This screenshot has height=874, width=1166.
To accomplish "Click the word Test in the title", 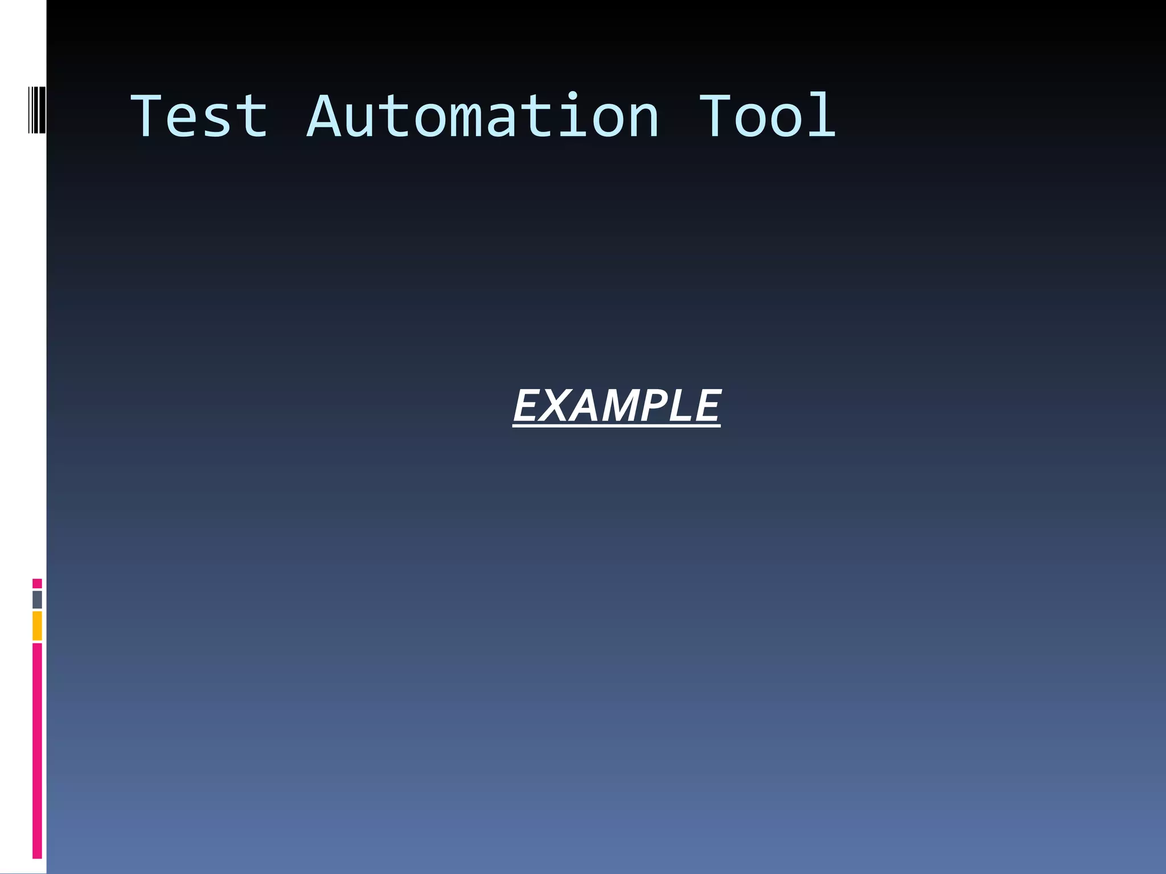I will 199,117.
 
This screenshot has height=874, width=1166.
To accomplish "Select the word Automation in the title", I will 483,117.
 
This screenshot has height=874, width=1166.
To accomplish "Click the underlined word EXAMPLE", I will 617,406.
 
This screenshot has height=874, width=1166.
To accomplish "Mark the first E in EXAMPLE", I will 527,406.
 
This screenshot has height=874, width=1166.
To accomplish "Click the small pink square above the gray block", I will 37,583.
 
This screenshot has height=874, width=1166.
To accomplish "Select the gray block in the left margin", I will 37,600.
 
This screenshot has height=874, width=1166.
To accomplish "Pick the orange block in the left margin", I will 37,625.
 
